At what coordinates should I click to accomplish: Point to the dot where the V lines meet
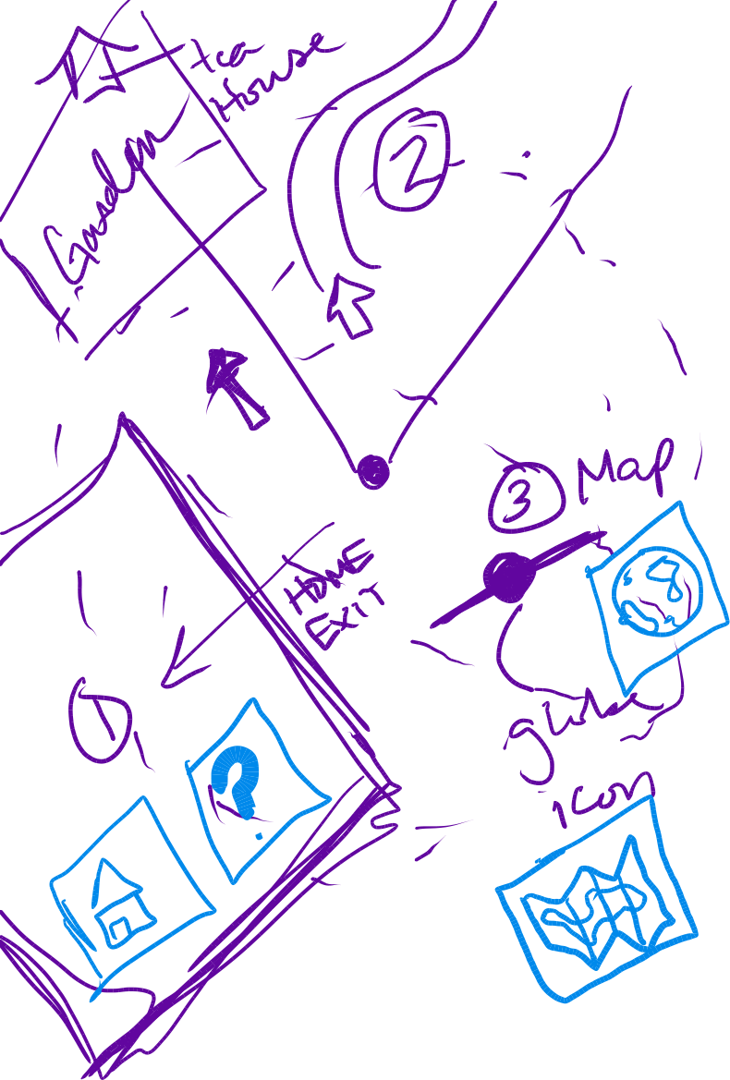374,470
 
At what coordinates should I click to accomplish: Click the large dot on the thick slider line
508,576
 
